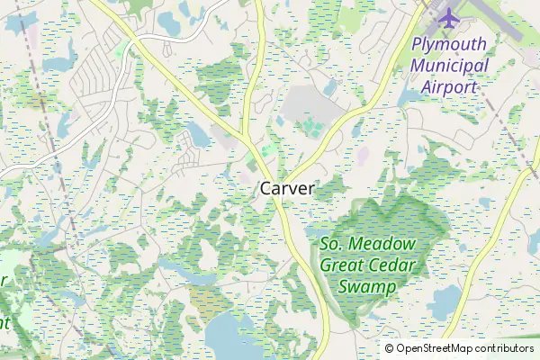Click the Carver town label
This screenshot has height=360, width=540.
[287, 189]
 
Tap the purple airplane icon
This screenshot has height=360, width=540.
[447, 16]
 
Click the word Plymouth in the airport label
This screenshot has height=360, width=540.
[449, 44]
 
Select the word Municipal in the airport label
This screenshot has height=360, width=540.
[449, 66]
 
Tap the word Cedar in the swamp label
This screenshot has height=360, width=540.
[394, 265]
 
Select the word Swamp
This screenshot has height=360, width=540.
[367, 287]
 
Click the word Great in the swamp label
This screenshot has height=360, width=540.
[342, 265]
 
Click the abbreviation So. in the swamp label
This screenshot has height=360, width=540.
[334, 244]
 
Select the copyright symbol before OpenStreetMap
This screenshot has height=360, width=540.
[390, 348]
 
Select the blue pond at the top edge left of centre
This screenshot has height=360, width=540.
[169, 20]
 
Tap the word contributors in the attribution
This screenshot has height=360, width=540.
[499, 348]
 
